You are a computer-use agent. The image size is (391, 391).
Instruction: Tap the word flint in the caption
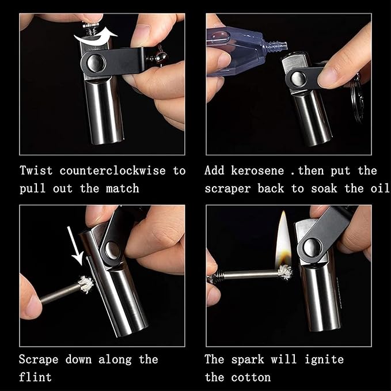pos(35,378)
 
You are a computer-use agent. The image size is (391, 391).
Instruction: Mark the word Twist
pos(36,171)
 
